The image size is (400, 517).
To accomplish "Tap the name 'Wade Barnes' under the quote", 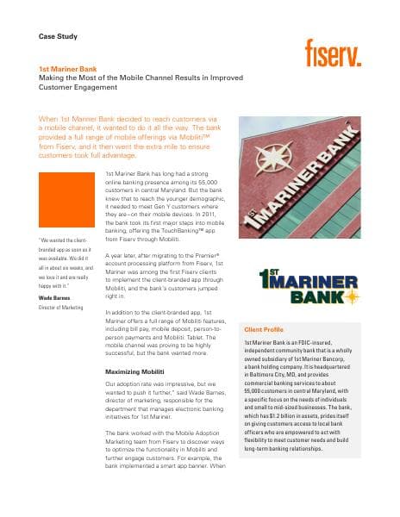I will click(x=56, y=298).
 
